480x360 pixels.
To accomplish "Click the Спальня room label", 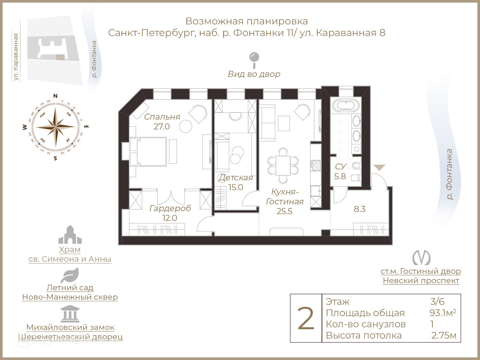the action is (162, 117).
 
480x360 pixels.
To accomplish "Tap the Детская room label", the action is (236, 178).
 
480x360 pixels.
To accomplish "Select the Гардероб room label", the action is (170, 208).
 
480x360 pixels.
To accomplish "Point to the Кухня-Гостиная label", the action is (285, 197).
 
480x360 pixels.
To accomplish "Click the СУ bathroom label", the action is (340, 166).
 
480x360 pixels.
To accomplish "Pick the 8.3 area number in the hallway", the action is (359, 209).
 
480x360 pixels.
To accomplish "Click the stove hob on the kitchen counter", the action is (315, 165).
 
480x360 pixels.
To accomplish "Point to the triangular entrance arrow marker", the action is (379, 168).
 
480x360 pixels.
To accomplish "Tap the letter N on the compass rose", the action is (55, 96).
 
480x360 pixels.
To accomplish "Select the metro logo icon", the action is (421, 258).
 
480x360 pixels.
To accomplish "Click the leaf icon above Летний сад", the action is (70, 276).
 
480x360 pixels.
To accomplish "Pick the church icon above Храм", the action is (70, 235).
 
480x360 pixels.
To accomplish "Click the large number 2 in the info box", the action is (306, 318).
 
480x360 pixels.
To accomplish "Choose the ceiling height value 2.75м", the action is (444, 335).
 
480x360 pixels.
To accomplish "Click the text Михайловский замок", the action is (70, 327).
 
